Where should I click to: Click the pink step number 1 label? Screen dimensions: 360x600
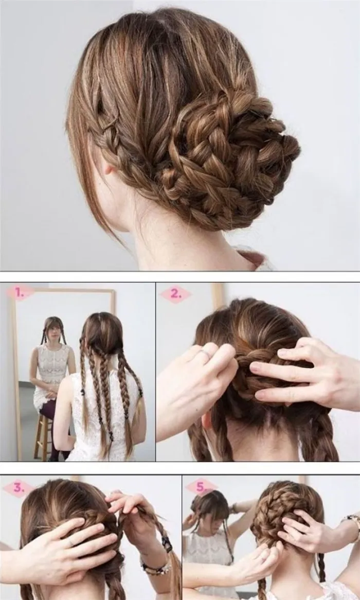[x=19, y=293]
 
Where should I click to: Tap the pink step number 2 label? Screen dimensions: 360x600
[x=175, y=294]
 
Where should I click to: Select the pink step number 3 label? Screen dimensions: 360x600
[x=18, y=488]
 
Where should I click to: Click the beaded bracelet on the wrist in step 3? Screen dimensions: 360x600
[x=156, y=566]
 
